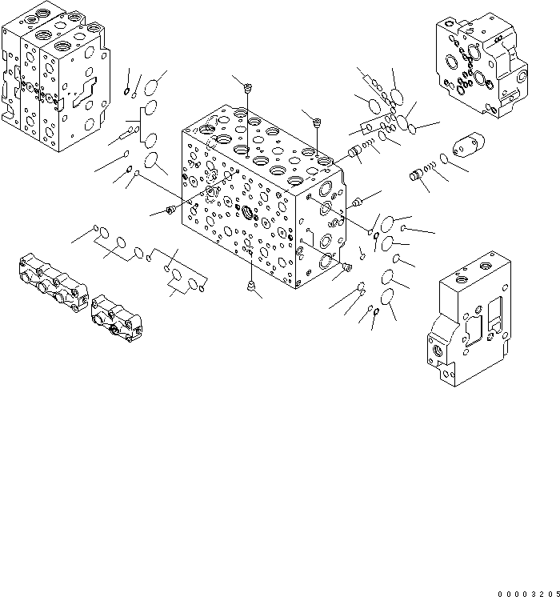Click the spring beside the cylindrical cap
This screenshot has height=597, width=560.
pos(430,167)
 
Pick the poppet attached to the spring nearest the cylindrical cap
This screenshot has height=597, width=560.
pos(415,175)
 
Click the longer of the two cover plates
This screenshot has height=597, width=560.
pos(51,283)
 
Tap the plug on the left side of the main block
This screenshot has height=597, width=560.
pos(170,210)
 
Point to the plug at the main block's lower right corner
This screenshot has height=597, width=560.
pos(347,266)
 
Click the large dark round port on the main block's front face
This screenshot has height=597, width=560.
pos(246,213)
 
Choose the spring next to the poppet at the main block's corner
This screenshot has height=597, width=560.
pos(369,144)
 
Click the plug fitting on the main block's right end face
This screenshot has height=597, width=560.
pos(358,199)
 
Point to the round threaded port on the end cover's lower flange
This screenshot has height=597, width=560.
pos(438,352)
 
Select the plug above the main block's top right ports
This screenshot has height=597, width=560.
pos(317,122)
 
